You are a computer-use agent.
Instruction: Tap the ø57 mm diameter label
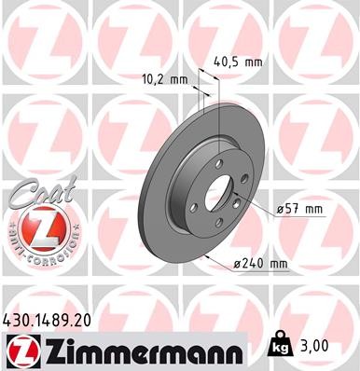299,210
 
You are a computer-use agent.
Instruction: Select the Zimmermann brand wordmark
136,350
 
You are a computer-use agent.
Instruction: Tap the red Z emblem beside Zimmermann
19,351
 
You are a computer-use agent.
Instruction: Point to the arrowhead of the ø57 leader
240,199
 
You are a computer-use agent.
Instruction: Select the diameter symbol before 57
281,210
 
